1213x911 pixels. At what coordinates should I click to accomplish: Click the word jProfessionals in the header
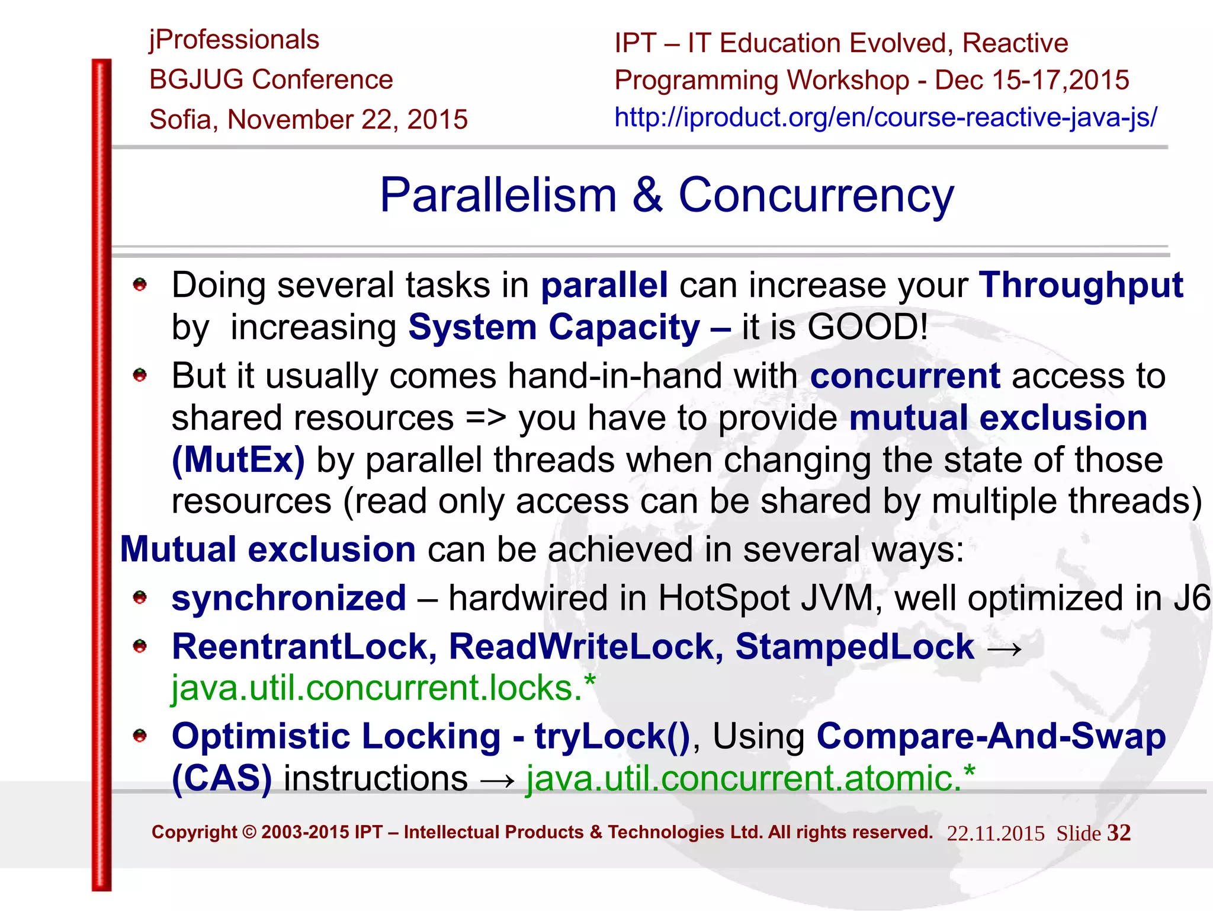pos(234,40)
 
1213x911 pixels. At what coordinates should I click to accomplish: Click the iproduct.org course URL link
pos(885,117)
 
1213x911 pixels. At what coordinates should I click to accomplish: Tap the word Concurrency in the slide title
pos(816,196)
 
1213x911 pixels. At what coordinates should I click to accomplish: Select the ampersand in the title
pos(647,196)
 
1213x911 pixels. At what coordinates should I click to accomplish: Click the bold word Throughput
pos(1080,286)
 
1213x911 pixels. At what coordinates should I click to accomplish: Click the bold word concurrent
pos(905,376)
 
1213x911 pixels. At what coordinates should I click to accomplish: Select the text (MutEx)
pos(238,461)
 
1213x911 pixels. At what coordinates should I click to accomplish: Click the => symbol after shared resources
pos(486,418)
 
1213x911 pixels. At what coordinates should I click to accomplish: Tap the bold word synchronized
pos(288,599)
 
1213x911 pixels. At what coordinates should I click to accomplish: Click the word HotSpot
pos(724,599)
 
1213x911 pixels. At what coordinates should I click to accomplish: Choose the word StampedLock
pos(854,647)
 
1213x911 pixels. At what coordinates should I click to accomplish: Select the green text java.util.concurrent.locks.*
pos(383,689)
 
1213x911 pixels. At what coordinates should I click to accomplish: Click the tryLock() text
pos(612,737)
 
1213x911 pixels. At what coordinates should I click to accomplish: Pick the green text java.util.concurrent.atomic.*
pos(750,779)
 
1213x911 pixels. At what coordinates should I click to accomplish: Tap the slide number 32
pos(1119,833)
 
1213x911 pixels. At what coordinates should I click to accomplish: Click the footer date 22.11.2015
pos(996,834)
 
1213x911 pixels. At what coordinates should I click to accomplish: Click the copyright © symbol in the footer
pos(249,833)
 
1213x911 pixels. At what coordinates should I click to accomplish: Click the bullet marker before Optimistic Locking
pos(140,736)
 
